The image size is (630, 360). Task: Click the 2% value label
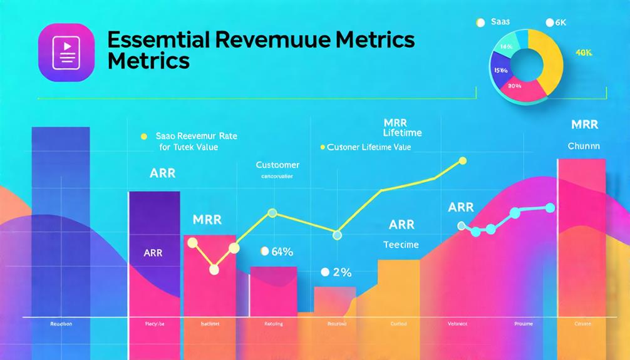(x=341, y=272)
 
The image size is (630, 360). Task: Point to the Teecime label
(x=401, y=245)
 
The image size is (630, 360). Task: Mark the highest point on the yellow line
(x=463, y=161)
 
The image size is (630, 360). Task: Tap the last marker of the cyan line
(x=550, y=207)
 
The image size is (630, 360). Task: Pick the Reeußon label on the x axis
(x=61, y=324)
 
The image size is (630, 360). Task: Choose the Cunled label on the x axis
(x=398, y=324)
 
